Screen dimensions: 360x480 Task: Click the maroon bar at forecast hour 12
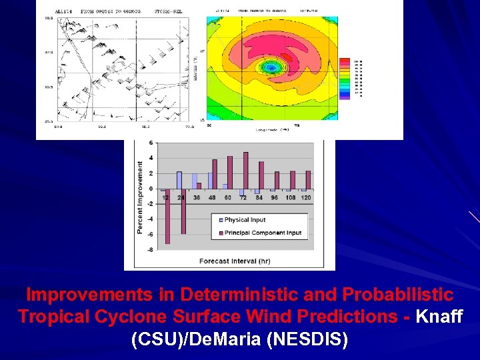point(167,216)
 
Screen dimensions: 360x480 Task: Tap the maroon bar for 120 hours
point(308,179)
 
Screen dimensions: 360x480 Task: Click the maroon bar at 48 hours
point(215,174)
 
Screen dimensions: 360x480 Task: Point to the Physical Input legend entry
point(244,220)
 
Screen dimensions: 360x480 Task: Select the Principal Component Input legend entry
point(262,233)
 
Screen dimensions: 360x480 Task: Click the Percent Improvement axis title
point(141,197)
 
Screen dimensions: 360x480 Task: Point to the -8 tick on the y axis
point(150,249)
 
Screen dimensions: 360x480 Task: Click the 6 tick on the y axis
point(151,143)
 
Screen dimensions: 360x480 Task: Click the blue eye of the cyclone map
point(271,67)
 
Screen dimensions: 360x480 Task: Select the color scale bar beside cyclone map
point(345,77)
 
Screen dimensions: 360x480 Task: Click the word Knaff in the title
point(439,316)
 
